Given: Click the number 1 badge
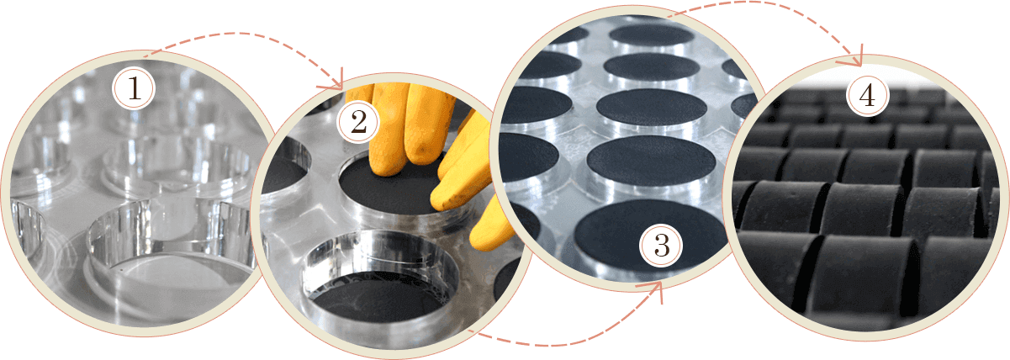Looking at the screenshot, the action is (134, 88).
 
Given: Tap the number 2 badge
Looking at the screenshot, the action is (358, 121).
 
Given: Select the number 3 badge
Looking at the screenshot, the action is (662, 245).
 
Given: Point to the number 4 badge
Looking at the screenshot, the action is (868, 95).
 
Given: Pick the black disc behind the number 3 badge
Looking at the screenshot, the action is (649, 237).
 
